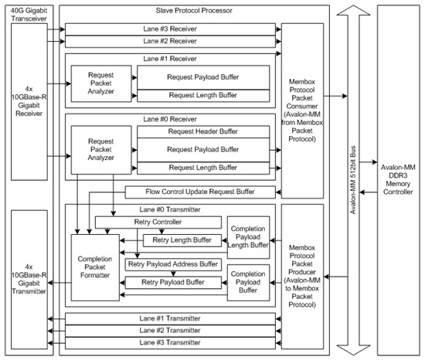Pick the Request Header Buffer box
pos(202,132)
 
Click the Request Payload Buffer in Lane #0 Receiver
pos(202,150)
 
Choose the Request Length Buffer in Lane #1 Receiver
pos(202,95)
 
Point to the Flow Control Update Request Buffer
pos(199,192)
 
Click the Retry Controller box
pos(158,222)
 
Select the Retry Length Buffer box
pos(182,240)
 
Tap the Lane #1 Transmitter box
pos(171,318)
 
